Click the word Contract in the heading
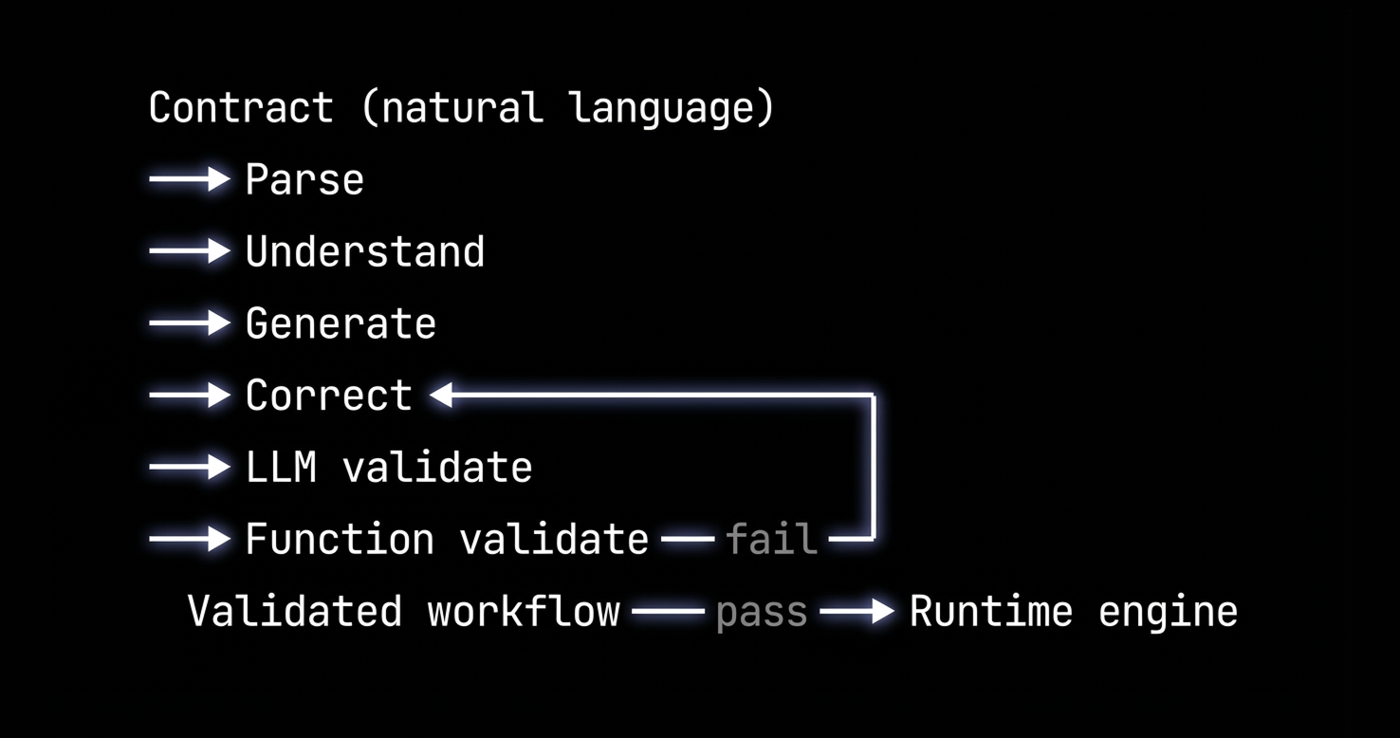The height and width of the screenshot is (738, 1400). pyautogui.click(x=241, y=107)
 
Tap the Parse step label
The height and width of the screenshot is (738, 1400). pyautogui.click(x=304, y=179)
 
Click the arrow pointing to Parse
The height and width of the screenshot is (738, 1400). pyautogui.click(x=190, y=179)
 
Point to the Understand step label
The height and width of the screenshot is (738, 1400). pyautogui.click(x=365, y=251)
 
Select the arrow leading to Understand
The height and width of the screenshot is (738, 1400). pyautogui.click(x=190, y=251)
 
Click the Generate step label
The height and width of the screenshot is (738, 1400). pyautogui.click(x=341, y=323)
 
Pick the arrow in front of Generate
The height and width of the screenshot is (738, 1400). pyautogui.click(x=190, y=323)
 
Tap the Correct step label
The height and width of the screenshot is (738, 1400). pyautogui.click(x=328, y=396)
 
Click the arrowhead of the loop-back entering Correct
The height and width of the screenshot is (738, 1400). pyautogui.click(x=441, y=396)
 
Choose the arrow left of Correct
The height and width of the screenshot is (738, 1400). pyautogui.click(x=190, y=396)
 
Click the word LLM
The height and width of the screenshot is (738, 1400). pyautogui.click(x=281, y=468)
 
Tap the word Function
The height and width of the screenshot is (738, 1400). pyautogui.click(x=340, y=540)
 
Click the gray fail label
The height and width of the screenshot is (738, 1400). pyautogui.click(x=771, y=540)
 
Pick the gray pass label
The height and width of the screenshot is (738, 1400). pyautogui.click(x=762, y=612)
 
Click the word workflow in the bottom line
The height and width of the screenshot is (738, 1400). pyautogui.click(x=524, y=612)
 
